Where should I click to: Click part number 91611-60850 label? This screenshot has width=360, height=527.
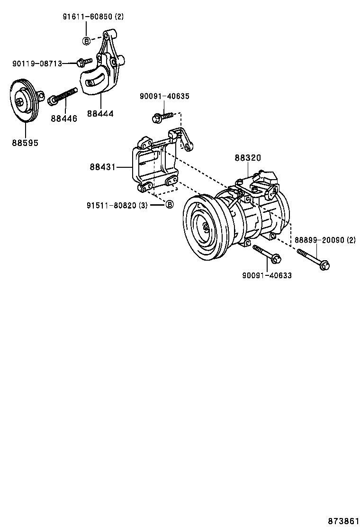click(93, 17)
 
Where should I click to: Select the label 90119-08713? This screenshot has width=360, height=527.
click(37, 64)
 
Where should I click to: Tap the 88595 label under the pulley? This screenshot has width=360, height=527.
click(25, 142)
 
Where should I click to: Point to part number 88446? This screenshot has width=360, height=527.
click(64, 118)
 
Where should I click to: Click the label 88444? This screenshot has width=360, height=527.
click(100, 114)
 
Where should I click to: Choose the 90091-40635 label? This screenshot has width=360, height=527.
click(164, 96)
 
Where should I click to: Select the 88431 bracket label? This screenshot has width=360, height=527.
click(103, 167)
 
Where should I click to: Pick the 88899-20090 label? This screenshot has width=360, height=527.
click(325, 240)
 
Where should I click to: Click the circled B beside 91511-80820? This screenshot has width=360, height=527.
click(169, 205)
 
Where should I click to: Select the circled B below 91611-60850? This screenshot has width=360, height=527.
click(86, 41)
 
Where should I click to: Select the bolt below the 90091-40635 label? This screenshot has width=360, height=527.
click(163, 116)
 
